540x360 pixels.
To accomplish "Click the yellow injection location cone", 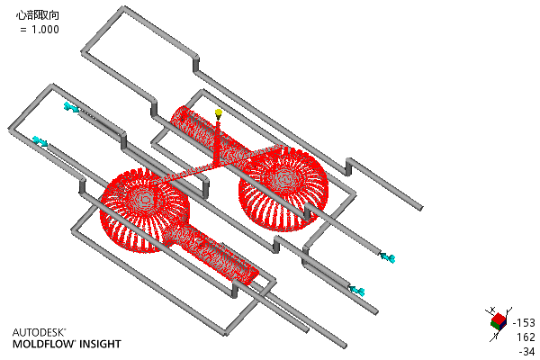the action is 219,113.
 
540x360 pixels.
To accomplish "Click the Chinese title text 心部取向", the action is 38,15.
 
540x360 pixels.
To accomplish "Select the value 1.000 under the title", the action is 45,30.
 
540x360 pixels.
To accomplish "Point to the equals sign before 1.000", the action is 23,30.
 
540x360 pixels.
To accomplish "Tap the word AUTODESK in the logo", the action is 39,332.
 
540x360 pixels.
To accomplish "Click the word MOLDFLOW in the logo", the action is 43,344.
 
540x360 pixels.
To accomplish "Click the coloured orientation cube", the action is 499,320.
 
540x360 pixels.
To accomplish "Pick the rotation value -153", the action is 524,323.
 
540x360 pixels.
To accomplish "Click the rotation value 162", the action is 526,337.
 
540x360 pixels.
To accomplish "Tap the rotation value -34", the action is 526,352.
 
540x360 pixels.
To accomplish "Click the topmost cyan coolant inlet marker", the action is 71,107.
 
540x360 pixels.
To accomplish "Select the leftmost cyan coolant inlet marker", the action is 40,141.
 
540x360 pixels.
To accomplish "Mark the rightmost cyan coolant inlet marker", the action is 388,257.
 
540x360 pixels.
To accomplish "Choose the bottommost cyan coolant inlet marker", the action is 357,291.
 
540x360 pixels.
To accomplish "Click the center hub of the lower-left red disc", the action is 146,199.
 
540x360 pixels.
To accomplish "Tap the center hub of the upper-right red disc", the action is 284,179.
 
